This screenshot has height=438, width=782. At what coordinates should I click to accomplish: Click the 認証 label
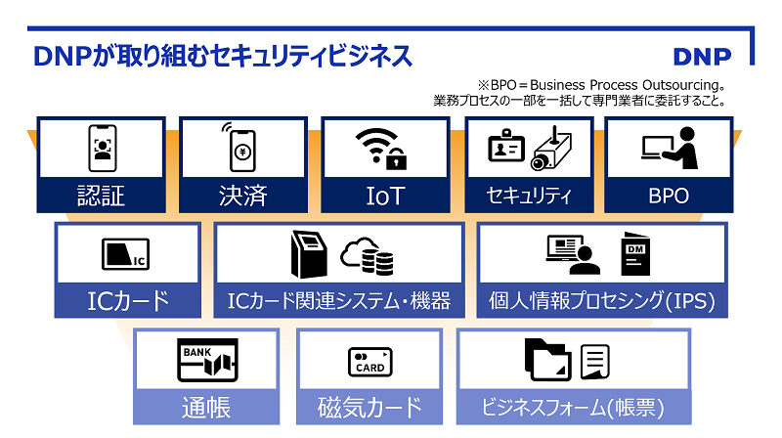coord(101,195)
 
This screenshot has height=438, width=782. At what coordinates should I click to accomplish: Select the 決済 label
coord(242,195)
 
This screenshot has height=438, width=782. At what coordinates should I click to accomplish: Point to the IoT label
coord(385,195)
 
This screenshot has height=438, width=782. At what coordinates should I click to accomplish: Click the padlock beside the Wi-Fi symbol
coord(397,158)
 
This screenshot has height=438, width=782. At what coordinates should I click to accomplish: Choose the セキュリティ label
coord(528,196)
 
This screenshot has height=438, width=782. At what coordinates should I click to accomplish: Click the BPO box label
coord(669,195)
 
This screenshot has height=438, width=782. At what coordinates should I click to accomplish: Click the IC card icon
coord(125,255)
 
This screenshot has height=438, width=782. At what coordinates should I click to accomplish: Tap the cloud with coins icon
coord(368,256)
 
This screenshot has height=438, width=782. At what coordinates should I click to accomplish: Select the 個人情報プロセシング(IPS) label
coord(601,300)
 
